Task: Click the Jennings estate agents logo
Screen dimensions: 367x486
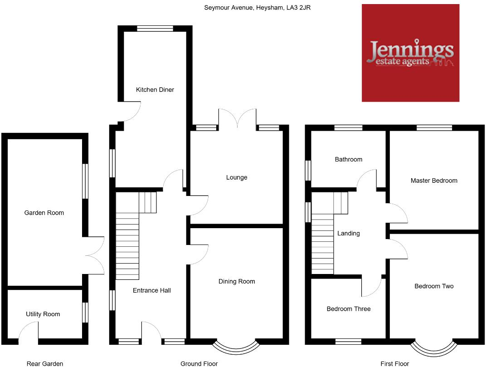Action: [410, 53]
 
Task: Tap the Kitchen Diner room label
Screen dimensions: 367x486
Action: [155, 90]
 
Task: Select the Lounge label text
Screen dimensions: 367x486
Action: [237, 177]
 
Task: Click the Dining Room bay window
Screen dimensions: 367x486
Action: [237, 348]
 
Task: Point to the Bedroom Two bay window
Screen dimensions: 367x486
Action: [433, 348]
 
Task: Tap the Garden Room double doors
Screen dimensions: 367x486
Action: [95, 255]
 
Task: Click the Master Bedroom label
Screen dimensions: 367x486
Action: [434, 181]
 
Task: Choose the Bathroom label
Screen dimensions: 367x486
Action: [349, 159]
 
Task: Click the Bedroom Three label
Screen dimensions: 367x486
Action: [349, 309]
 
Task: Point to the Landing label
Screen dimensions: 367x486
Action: [349, 233]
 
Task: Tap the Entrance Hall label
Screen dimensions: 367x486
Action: [152, 290]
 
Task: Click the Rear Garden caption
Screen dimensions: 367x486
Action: [45, 363]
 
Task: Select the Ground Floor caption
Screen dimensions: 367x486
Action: [199, 363]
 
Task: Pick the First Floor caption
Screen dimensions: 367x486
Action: [394, 363]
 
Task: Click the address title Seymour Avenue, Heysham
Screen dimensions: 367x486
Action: [257, 7]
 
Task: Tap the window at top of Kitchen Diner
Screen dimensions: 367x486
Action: [155, 28]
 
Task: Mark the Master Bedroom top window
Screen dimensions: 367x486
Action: [434, 128]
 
